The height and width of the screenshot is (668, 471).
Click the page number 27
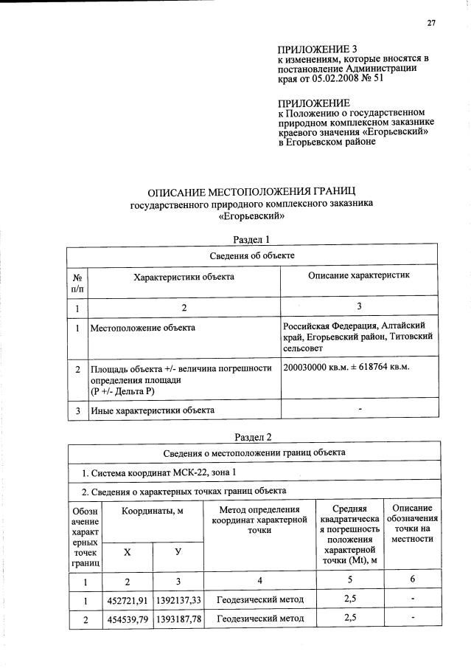tap(431, 23)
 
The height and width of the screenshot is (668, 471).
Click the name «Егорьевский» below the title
tap(251, 216)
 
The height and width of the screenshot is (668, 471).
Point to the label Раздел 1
tap(252, 240)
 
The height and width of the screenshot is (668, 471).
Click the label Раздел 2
tap(253, 437)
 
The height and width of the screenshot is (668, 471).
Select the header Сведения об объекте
tap(253, 255)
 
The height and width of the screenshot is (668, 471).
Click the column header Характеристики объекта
tap(184, 277)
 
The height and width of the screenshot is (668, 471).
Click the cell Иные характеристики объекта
tap(152, 410)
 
